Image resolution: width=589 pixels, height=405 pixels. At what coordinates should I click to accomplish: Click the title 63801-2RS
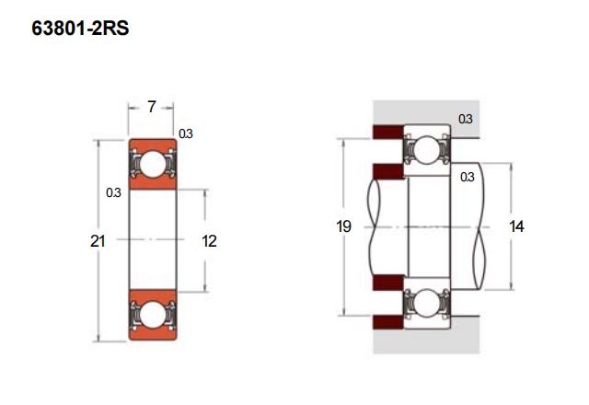point(80,29)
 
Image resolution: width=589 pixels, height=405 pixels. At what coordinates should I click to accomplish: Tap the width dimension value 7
point(151,107)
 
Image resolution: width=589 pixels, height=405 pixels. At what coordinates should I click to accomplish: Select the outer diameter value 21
point(98,241)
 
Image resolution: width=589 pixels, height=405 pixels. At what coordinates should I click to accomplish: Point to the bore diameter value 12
point(209,241)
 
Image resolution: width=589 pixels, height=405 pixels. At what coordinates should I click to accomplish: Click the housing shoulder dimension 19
point(343,226)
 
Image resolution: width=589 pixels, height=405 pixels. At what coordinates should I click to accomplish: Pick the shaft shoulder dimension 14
point(516,226)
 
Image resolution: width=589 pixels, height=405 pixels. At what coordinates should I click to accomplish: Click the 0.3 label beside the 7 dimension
point(186,133)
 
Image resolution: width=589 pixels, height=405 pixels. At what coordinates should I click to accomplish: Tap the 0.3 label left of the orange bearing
point(113,192)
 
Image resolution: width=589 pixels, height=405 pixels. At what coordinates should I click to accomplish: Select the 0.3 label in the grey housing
point(465,119)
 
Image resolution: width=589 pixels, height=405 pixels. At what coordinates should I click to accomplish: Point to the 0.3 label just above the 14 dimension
point(467,177)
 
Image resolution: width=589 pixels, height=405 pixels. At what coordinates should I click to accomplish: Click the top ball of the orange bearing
point(153,164)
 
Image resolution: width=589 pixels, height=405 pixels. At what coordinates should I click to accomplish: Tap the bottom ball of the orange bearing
point(153,315)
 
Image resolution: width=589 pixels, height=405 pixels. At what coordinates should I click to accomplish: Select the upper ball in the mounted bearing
point(426,151)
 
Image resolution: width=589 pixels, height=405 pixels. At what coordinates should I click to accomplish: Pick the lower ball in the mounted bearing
point(426,303)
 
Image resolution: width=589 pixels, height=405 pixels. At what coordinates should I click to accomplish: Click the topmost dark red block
point(387,132)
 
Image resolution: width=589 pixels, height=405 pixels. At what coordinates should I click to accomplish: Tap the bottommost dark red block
point(387,322)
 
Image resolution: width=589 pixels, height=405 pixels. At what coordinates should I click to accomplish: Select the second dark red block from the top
point(388,171)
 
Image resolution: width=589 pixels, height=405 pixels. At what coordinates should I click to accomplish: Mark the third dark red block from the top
point(388,283)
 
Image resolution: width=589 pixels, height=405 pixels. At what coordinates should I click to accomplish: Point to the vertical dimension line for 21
point(98,241)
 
